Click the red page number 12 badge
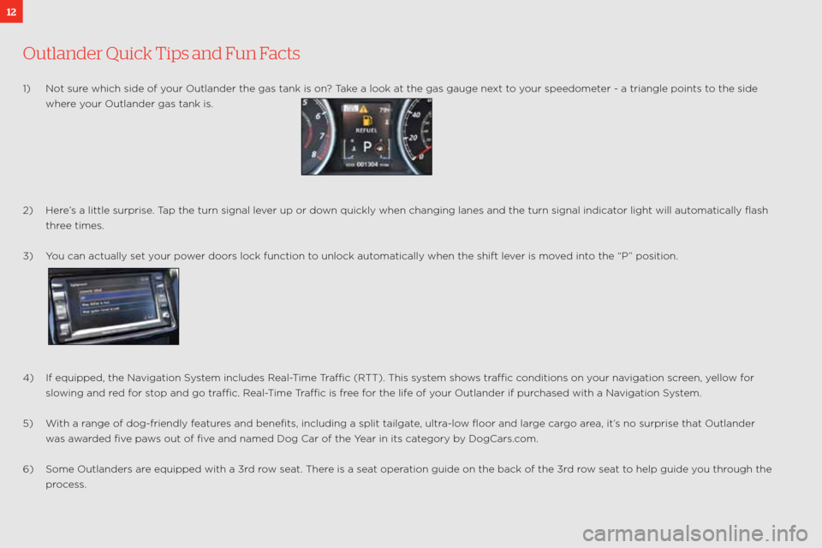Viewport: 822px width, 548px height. [x=10, y=10]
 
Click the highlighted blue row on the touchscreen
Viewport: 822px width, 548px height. [x=111, y=298]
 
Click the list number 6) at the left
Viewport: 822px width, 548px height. [x=28, y=469]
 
